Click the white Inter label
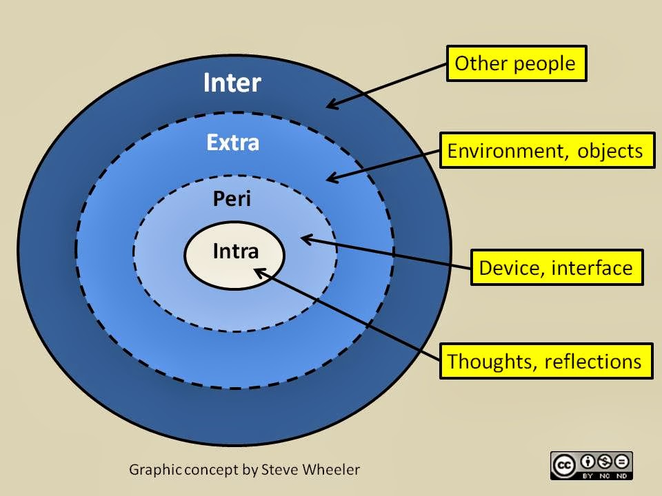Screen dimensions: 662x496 [x=232, y=83]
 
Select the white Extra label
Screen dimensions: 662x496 [x=232, y=143]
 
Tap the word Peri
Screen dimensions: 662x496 [x=232, y=199]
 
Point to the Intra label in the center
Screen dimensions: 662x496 [x=236, y=251]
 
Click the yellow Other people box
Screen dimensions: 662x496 [x=516, y=63]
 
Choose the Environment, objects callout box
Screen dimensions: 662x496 [x=547, y=151]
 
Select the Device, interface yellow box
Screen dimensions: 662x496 [x=557, y=267]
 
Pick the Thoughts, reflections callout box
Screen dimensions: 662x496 [x=546, y=361]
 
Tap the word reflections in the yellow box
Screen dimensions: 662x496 [x=593, y=362]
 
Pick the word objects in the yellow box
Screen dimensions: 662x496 [x=610, y=151]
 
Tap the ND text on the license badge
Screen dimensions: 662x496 [x=621, y=476]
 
